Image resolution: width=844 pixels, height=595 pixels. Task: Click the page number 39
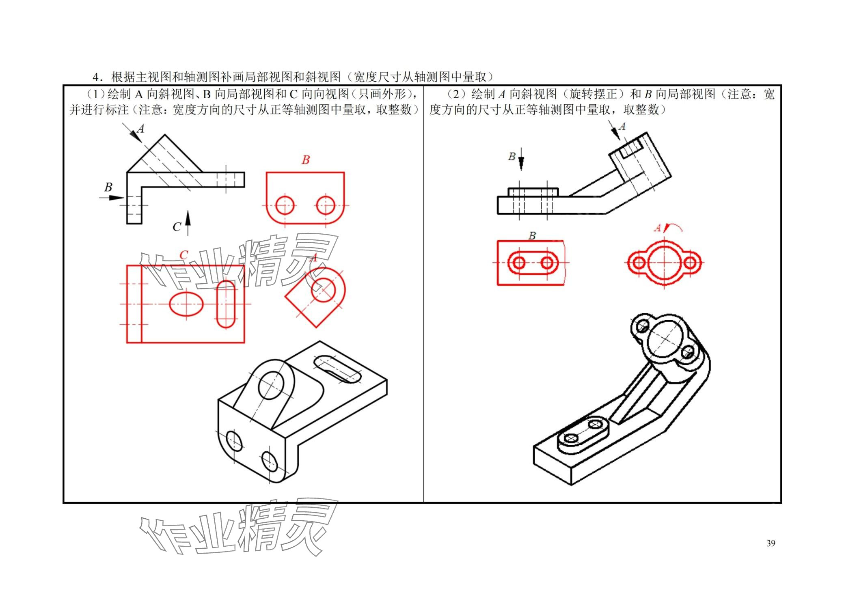771,543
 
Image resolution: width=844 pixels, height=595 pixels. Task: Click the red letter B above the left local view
306,160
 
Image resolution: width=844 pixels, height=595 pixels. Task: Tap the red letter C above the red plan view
183,255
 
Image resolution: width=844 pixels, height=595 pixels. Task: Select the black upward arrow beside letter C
188,222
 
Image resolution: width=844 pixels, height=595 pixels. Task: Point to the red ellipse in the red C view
186,304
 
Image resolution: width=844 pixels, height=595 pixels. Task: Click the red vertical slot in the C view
226,304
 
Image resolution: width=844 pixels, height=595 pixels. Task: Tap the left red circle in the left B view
285,205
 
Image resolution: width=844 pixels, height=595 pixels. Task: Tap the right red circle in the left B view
326,205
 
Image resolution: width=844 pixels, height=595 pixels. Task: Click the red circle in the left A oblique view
324,290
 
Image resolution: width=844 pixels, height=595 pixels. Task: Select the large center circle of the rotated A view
664,263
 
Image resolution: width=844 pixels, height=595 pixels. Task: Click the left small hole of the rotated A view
639,263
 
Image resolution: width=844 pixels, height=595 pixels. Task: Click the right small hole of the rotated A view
690,263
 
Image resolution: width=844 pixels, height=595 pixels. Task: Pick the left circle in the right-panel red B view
519,263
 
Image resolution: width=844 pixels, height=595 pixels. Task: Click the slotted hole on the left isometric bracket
337,369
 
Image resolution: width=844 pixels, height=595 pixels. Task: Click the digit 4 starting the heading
95,77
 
